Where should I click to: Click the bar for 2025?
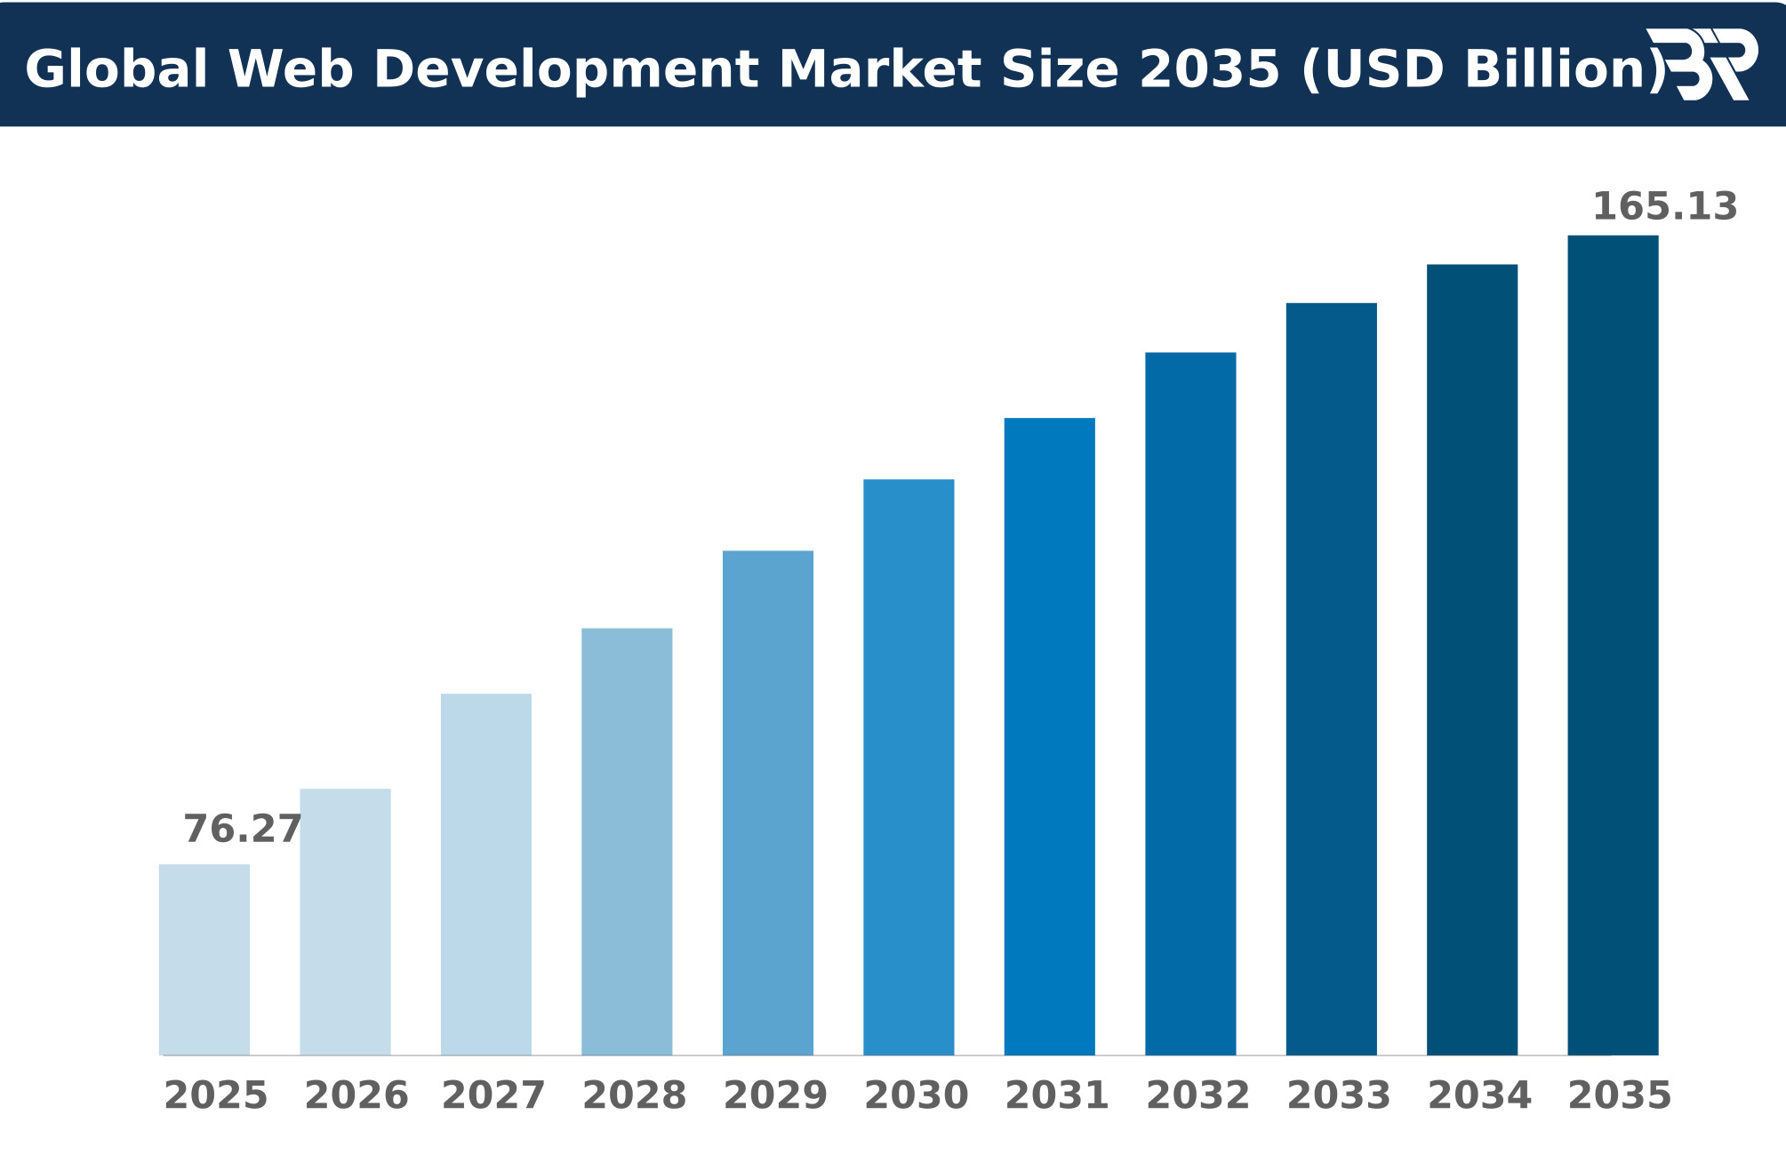click(x=204, y=959)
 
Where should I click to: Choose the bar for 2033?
click(x=1331, y=679)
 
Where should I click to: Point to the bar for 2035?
click(x=1613, y=646)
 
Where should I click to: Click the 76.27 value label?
click(x=243, y=830)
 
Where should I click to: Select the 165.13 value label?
click(x=1664, y=207)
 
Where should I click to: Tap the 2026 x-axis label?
click(x=356, y=1096)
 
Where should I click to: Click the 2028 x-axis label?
click(x=635, y=1096)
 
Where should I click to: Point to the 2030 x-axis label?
click(x=917, y=1096)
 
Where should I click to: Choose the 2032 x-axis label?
click(x=1198, y=1096)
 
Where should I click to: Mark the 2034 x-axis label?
click(x=1480, y=1096)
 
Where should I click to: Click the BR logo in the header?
click(x=1702, y=64)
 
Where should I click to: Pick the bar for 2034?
click(x=1472, y=660)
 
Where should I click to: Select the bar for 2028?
click(x=627, y=842)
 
